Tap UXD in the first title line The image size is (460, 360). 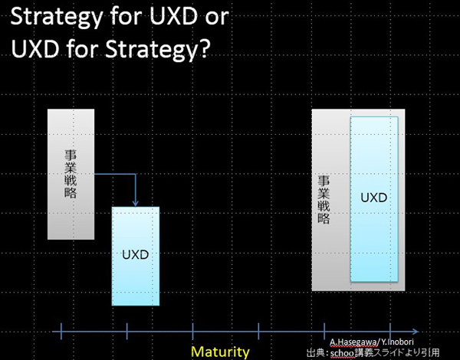[x=173, y=16]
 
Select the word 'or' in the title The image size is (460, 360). [x=217, y=18]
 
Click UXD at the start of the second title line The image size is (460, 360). [x=35, y=48]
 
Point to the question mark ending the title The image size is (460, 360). [x=204, y=48]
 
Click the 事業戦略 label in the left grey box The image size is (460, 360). [x=71, y=174]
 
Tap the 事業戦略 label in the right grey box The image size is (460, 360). [x=324, y=200]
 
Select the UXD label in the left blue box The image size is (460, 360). [x=135, y=255]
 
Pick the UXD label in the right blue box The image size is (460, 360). [x=374, y=198]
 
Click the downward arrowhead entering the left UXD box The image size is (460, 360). [x=135, y=203]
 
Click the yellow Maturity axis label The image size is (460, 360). [x=220, y=352]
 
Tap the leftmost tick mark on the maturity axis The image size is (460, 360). [x=61, y=331]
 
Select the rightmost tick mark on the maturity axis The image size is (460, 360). [x=390, y=331]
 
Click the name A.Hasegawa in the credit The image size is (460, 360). [x=353, y=342]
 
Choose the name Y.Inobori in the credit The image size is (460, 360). [x=397, y=342]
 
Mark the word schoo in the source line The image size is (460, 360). [x=342, y=353]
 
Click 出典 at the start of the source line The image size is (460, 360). [x=316, y=352]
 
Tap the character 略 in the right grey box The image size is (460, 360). [x=324, y=219]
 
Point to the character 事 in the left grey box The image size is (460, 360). [x=71, y=155]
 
